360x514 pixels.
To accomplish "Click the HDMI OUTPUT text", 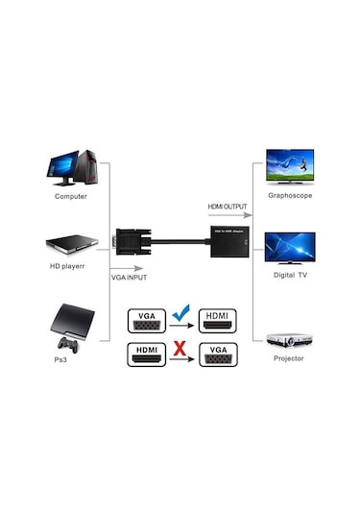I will point(228,207).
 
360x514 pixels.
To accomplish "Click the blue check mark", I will point(179,312).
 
